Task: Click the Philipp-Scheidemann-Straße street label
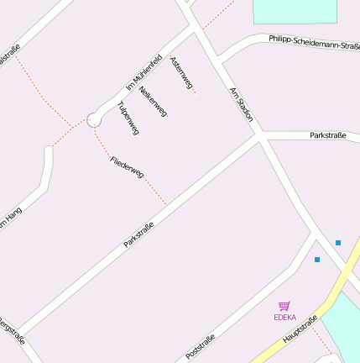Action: click(x=314, y=43)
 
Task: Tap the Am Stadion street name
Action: click(x=241, y=104)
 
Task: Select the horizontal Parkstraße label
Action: click(x=328, y=134)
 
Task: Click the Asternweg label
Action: click(x=181, y=73)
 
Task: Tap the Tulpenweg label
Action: click(x=129, y=118)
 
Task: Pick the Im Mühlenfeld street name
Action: click(x=143, y=73)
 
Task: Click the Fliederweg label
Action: click(x=127, y=166)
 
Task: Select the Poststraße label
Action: click(x=201, y=346)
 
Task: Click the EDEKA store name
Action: click(x=284, y=318)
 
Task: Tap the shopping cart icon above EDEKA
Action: click(x=284, y=306)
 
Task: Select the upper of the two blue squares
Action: click(x=338, y=243)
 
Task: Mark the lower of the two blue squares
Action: click(x=317, y=260)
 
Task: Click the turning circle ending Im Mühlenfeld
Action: click(x=94, y=121)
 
